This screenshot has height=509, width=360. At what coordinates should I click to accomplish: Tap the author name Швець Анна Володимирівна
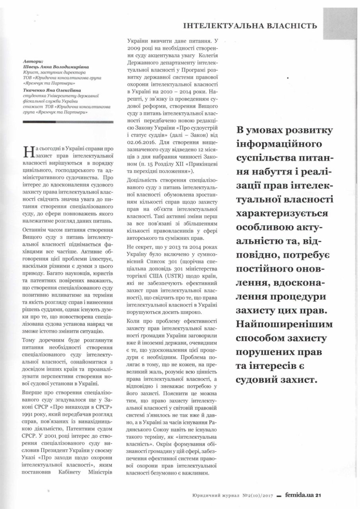tap(56, 68)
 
